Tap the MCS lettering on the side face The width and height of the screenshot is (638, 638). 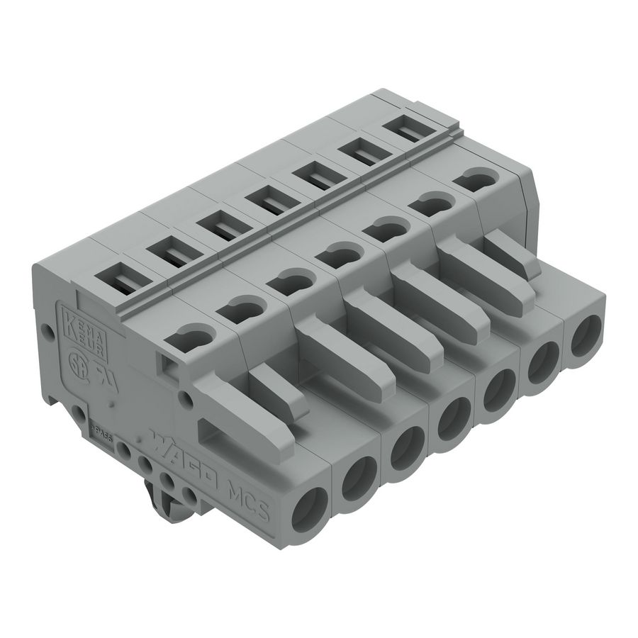[x=251, y=496]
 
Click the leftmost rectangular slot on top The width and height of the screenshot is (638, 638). [x=118, y=276]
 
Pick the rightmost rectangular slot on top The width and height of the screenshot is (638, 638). [x=410, y=130]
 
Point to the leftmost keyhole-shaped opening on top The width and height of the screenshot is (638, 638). [x=194, y=335]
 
